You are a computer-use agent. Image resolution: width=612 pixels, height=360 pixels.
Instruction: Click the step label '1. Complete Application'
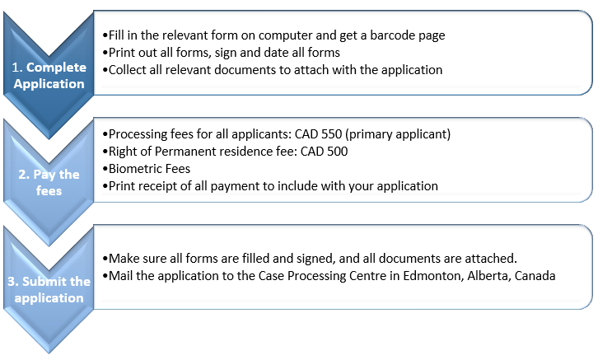pos(49,75)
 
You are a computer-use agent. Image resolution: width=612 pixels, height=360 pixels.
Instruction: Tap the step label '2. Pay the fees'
pos(49,182)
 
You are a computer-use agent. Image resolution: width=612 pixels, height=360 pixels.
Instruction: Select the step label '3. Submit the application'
pos(49,289)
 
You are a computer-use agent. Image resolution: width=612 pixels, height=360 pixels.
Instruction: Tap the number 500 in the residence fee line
pos(337,151)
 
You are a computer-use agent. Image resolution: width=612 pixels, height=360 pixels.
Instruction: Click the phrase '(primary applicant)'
pos(398,134)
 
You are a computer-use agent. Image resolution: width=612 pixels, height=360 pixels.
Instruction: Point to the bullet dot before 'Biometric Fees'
pos(105,169)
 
